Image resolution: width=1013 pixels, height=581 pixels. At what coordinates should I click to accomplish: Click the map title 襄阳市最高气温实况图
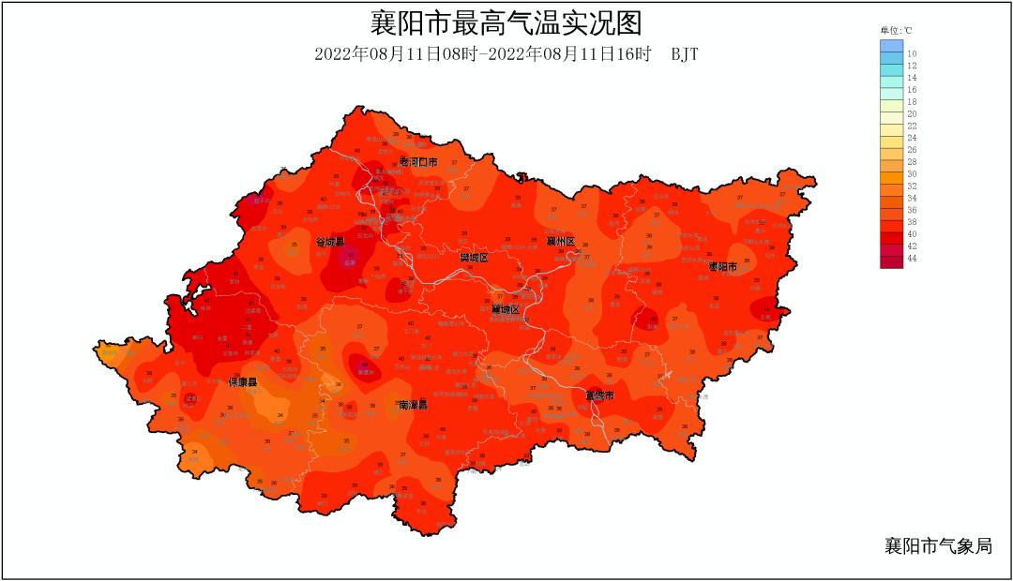coord(506,22)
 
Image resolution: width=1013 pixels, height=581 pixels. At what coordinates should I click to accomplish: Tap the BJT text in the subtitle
coord(684,54)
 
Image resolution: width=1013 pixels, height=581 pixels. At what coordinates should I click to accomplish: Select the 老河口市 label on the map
coord(418,162)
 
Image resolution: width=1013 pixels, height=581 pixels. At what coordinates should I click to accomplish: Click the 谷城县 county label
coord(329,242)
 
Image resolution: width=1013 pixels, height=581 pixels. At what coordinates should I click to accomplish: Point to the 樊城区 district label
coord(474,257)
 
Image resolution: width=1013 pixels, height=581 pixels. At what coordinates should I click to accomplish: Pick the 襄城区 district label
coord(505,309)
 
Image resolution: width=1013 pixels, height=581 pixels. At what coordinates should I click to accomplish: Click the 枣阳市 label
coord(722,267)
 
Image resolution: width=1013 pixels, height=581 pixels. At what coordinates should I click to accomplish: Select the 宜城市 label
coord(599,396)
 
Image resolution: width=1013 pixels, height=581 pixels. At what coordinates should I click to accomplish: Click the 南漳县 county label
coord(413,405)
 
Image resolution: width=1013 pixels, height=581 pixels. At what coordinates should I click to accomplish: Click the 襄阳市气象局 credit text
coord(937,546)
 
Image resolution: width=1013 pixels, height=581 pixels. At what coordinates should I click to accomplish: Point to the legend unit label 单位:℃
coord(896,31)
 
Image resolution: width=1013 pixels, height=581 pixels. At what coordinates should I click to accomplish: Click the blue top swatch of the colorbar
coord(891,45)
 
